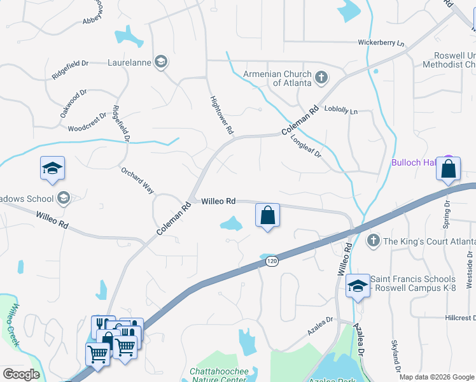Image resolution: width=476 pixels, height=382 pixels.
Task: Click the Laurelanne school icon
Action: [161, 62]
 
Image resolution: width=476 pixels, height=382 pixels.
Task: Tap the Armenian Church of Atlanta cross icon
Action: [321, 78]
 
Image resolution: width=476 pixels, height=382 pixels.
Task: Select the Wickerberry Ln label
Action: [381, 43]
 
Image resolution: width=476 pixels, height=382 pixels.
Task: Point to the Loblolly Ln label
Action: [341, 111]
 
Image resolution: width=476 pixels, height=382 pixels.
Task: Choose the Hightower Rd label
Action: [222, 115]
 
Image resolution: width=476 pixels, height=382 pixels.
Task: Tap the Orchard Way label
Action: [137, 180]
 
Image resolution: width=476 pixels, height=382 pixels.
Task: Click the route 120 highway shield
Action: [272, 261]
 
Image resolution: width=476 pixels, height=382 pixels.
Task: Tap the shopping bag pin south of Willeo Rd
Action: [268, 216]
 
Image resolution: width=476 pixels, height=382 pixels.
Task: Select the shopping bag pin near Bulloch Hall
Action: [449, 170]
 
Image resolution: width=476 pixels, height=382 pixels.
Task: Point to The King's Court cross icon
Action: [374, 241]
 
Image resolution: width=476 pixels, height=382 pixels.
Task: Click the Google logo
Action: [21, 374]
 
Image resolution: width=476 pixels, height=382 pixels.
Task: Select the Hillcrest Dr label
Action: [459, 317]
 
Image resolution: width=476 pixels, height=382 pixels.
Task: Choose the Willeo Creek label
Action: [15, 325]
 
